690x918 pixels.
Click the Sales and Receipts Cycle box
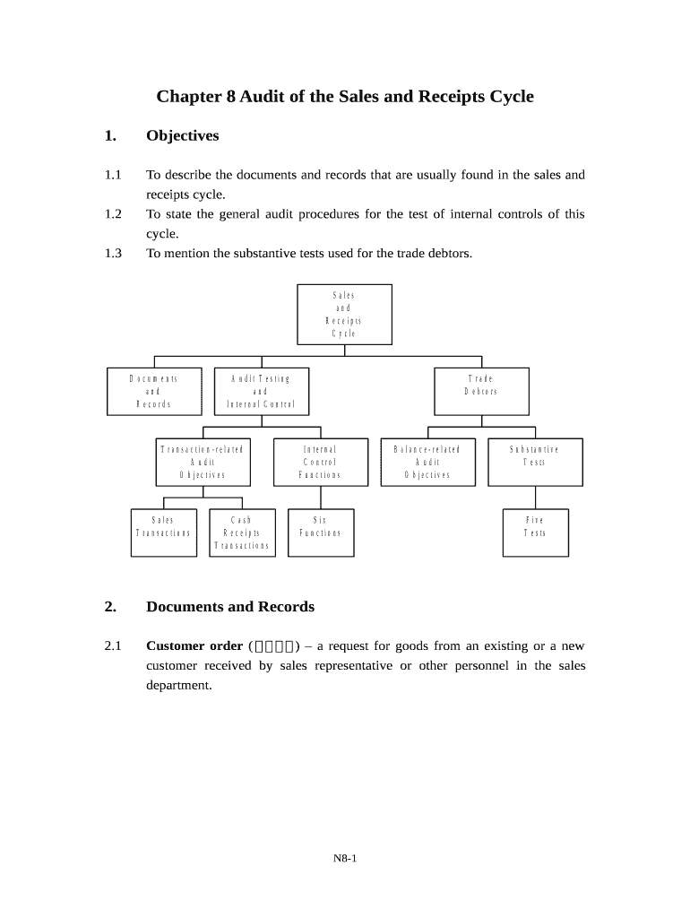point(344,314)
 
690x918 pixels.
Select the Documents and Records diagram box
point(153,391)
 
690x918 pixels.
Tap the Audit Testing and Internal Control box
point(262,391)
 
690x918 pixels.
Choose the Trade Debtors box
point(481,385)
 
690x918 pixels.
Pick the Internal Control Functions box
point(320,462)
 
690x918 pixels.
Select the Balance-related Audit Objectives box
point(427,462)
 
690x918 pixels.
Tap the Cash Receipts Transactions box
point(241,533)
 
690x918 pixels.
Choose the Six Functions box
point(320,526)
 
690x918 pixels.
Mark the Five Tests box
point(535,526)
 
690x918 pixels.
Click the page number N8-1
point(345,859)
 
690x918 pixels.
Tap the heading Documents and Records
point(230,607)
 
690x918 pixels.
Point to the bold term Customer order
point(194,645)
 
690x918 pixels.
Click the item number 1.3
point(112,254)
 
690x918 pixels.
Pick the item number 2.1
point(112,645)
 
